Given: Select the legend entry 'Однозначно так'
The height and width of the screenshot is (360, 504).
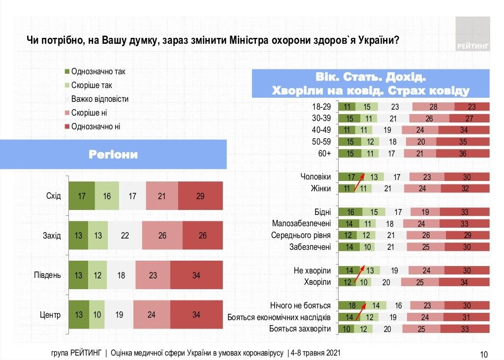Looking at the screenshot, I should click(97, 71).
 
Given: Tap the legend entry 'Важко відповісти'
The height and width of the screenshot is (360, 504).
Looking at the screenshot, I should click(99, 99).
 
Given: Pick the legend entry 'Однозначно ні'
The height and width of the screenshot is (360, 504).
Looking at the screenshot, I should click(95, 126).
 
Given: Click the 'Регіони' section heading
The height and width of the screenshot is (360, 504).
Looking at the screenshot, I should click(113, 154).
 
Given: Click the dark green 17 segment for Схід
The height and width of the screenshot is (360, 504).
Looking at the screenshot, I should click(81, 196).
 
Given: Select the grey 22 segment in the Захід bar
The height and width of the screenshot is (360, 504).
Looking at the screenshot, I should click(125, 236).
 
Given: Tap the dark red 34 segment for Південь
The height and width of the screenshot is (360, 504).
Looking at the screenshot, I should click(196, 275).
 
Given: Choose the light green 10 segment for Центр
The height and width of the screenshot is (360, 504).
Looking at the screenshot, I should click(97, 314).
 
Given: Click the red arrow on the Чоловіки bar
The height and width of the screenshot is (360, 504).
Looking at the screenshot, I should click(360, 178).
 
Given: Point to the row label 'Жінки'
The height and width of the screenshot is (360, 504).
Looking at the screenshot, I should click(320, 188).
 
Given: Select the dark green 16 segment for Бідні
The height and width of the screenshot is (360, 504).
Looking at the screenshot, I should click(350, 212).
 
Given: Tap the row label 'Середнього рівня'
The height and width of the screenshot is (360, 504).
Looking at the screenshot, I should click(301, 235).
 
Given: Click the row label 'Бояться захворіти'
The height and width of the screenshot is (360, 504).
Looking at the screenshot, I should click(300, 329).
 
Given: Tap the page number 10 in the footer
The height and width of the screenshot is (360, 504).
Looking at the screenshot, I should click(483, 354).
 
